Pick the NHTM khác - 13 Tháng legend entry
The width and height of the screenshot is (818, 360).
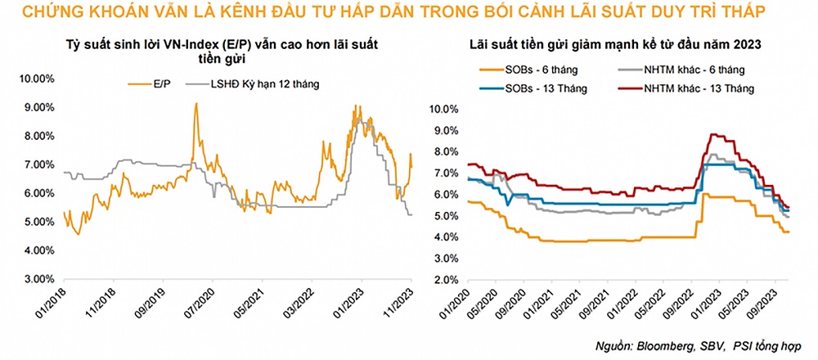point(699,87)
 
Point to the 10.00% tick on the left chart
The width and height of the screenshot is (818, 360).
point(36,79)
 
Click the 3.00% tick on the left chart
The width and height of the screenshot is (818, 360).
point(38,279)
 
